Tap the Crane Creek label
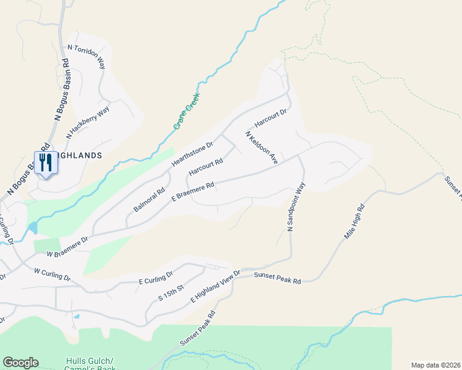tap(186, 112)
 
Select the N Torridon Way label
tap(86, 57)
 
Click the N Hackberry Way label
tap(87, 122)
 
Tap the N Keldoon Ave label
tap(261, 147)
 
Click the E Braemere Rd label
tap(193, 191)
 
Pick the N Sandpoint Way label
tap(296, 207)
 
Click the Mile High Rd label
tap(353, 223)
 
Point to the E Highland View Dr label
tap(215, 286)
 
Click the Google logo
tap(20, 363)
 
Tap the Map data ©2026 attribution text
tap(435, 364)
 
